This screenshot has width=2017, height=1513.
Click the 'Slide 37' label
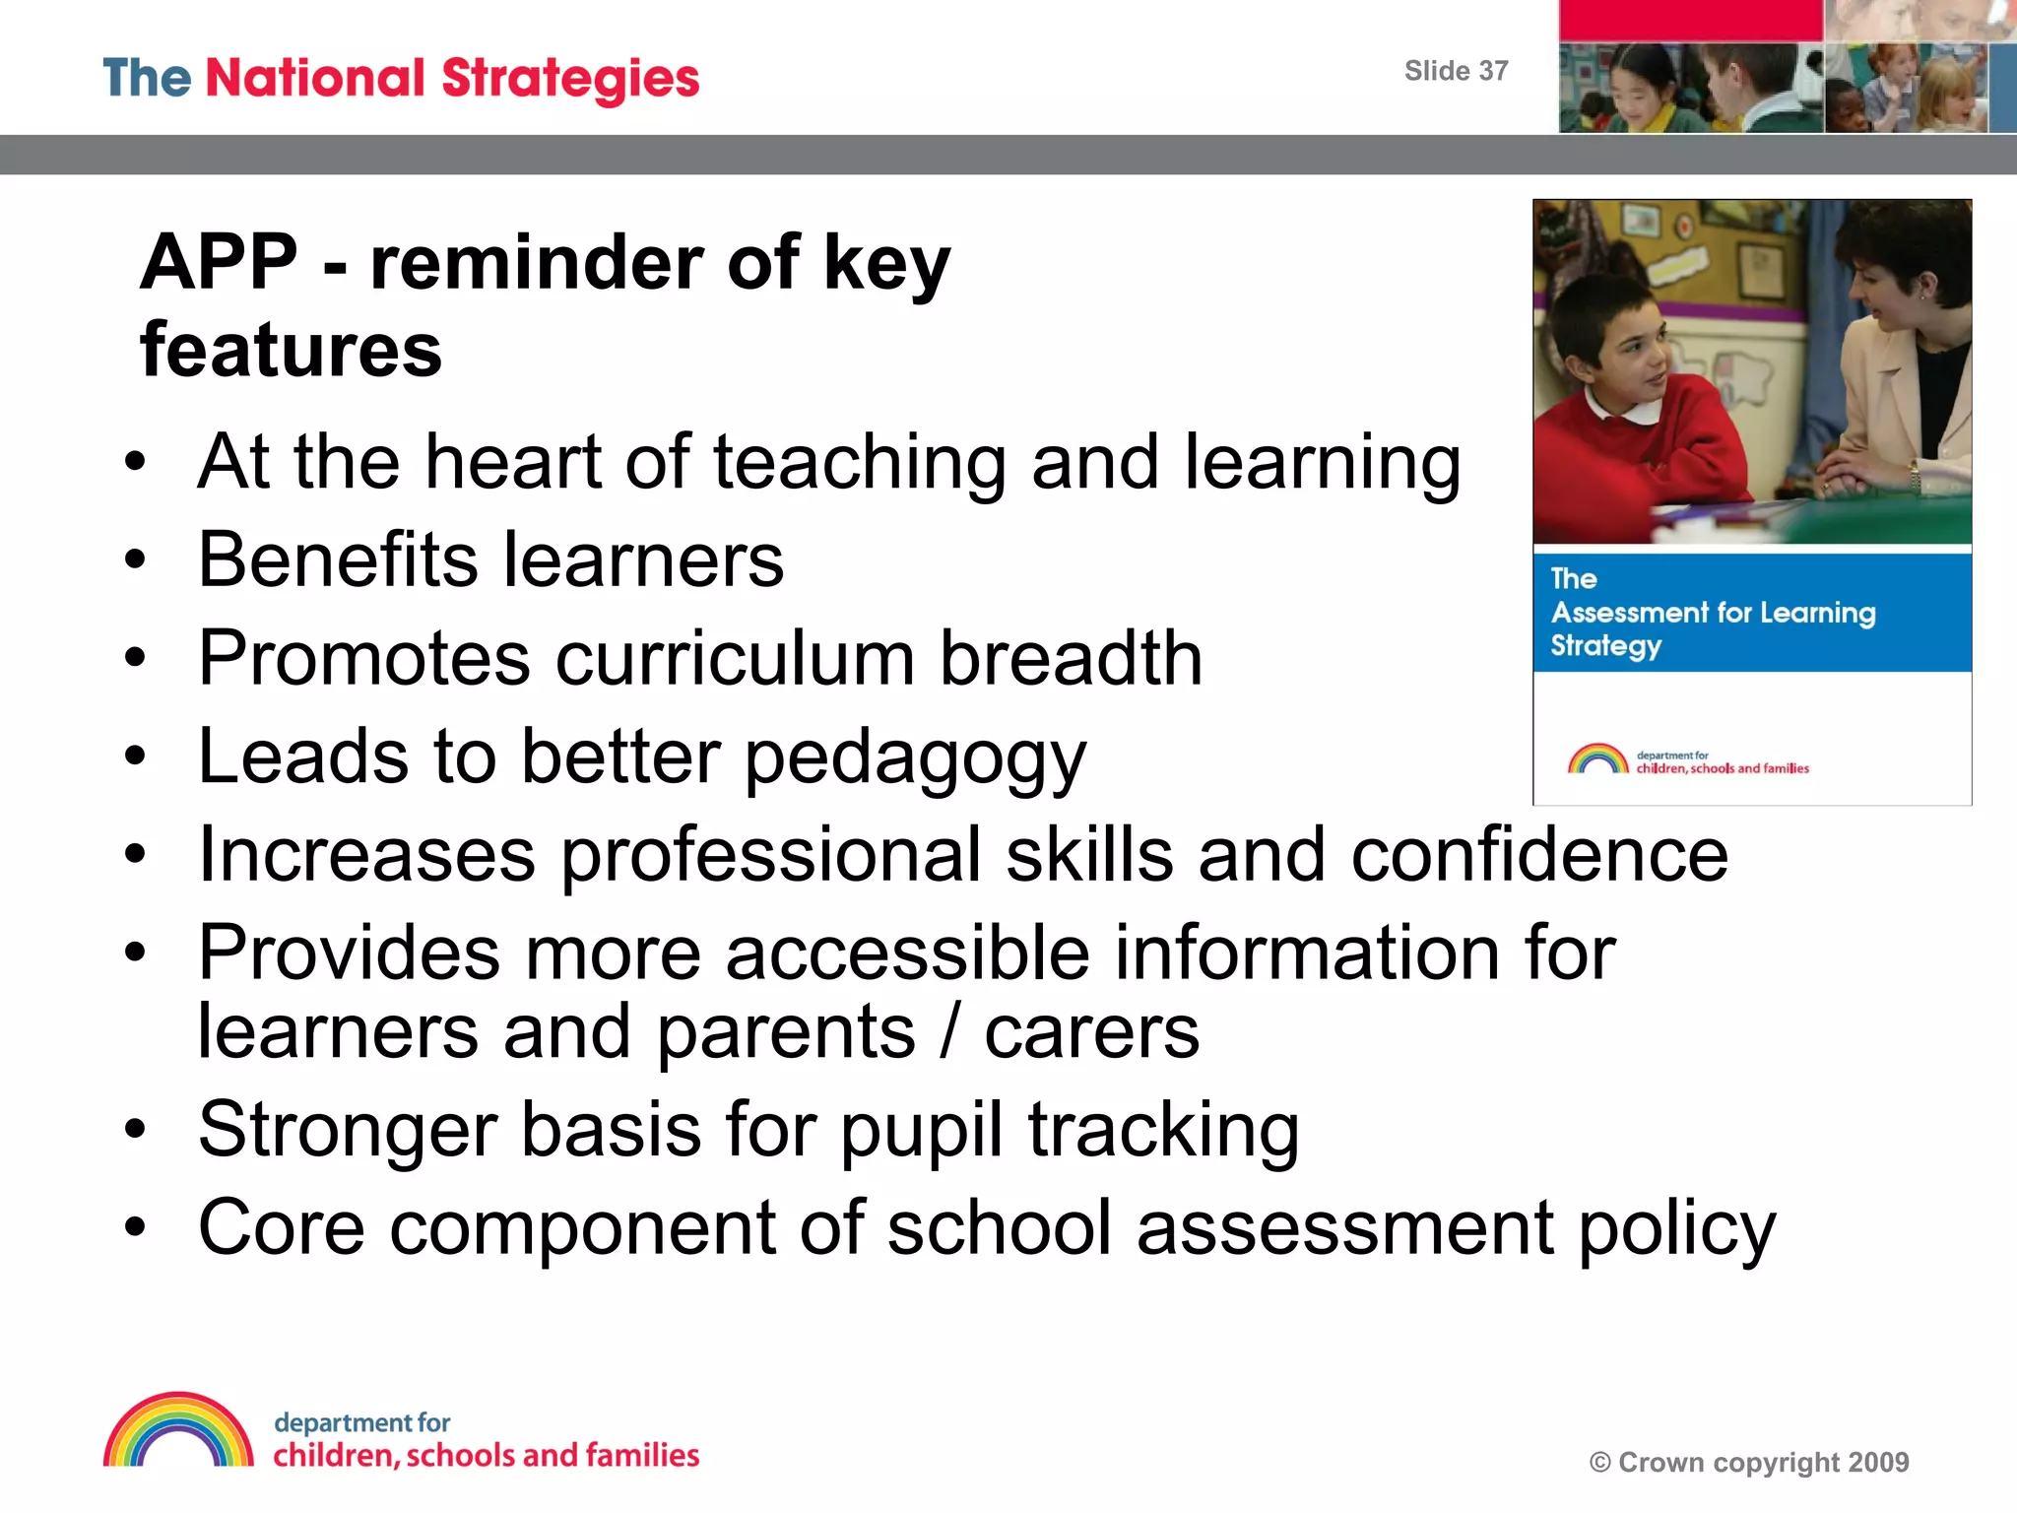point(1456,71)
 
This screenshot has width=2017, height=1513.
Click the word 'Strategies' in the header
point(570,79)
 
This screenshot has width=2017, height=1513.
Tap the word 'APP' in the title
point(219,263)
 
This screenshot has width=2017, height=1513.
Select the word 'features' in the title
point(292,351)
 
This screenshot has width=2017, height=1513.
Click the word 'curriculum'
point(735,658)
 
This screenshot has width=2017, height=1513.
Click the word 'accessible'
point(907,953)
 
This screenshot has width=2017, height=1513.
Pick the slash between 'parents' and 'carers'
point(949,1032)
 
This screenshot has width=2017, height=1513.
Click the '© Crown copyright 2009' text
point(1749,1463)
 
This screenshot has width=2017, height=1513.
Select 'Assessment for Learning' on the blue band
point(1713,613)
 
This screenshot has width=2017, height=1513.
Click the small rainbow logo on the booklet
point(1597,758)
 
